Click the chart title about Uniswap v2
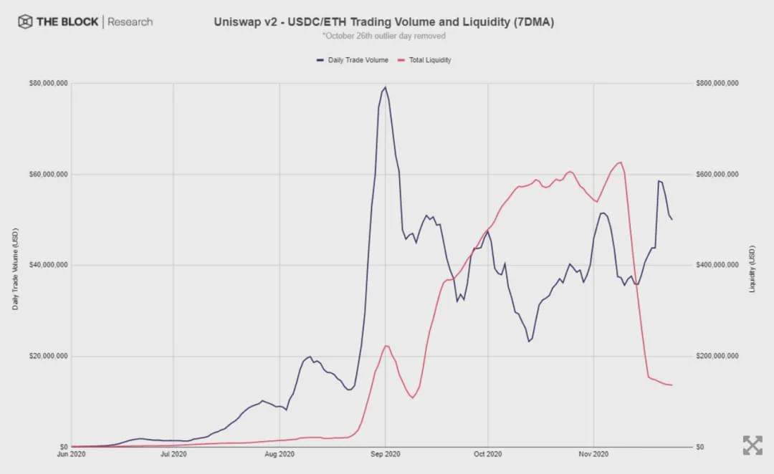pos(383,21)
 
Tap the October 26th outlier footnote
pos(383,36)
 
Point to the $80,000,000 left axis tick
pos(49,84)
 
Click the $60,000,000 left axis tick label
pos(49,175)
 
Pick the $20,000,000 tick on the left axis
pos(49,357)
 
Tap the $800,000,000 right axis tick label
pos(717,84)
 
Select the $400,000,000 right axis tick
pos(717,266)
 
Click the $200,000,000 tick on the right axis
pos(717,357)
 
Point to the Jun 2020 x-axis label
pos(72,454)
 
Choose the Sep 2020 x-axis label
pos(385,454)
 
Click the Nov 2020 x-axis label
pos(593,454)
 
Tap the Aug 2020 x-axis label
pos(279,454)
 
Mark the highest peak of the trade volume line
pos(385,87)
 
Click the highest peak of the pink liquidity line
pos(621,162)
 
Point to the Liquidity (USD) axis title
pos(752,268)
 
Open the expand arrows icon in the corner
pos(752,445)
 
